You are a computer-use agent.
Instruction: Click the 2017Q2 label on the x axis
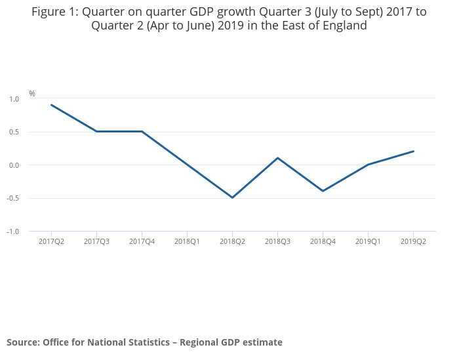pyautogui.click(x=51, y=242)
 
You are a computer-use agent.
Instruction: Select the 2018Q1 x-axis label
pyautogui.click(x=187, y=242)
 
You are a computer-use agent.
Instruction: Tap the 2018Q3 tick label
pyautogui.click(x=277, y=242)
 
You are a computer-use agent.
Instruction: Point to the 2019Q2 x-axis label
pyautogui.click(x=413, y=242)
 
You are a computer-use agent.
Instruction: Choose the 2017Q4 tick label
pyautogui.click(x=142, y=242)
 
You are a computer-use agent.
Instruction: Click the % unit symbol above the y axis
pyautogui.click(x=32, y=94)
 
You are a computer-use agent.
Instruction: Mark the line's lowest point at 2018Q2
pyautogui.click(x=232, y=197)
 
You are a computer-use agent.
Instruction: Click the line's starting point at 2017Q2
pyautogui.click(x=51, y=105)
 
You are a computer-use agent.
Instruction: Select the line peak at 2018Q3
pyautogui.click(x=277, y=158)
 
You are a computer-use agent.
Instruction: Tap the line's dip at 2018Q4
pyautogui.click(x=323, y=191)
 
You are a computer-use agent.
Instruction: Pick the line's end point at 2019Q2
pyautogui.click(x=413, y=151)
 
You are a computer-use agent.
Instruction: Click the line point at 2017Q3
pyautogui.click(x=96, y=131)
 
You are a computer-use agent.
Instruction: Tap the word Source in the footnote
pyautogui.click(x=22, y=342)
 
